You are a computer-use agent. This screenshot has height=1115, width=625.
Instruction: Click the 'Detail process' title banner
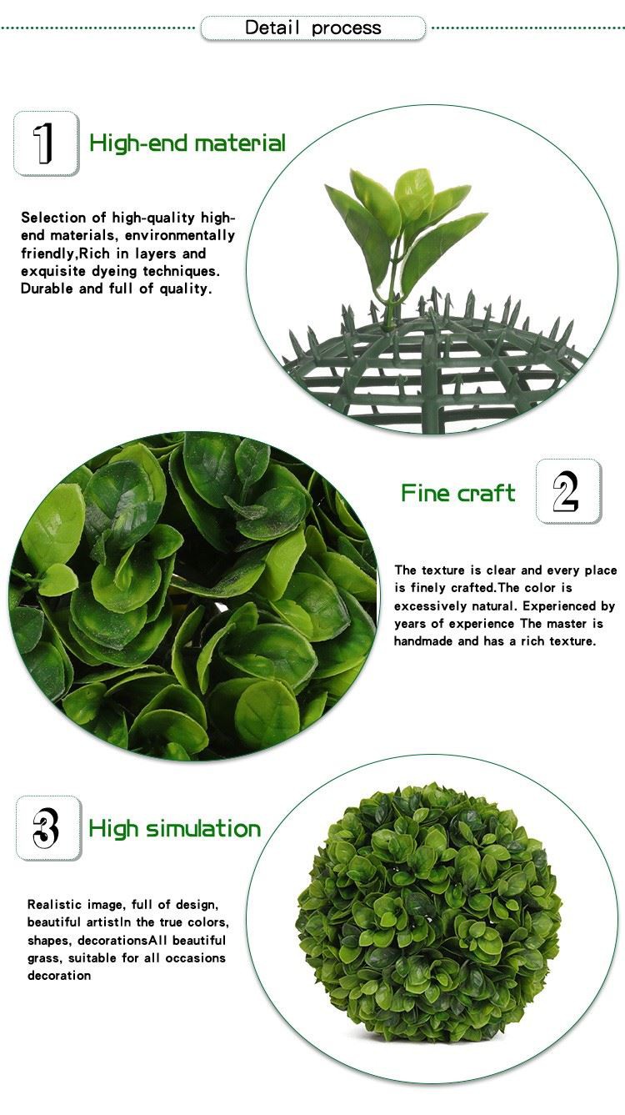tap(312, 28)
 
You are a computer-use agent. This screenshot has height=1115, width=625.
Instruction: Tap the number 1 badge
tap(46, 143)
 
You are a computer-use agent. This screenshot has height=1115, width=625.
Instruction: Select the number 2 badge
tap(568, 491)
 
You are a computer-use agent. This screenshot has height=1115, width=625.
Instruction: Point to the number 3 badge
tap(48, 828)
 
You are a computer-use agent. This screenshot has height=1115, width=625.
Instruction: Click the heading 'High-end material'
tap(187, 143)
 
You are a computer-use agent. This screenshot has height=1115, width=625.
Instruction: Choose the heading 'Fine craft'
tap(458, 493)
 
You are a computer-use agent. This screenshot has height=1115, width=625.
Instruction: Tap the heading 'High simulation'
tap(174, 829)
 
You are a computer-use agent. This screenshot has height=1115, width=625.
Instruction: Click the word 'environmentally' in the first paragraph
tap(180, 235)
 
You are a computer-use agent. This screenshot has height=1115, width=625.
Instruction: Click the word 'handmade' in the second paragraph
tap(423, 641)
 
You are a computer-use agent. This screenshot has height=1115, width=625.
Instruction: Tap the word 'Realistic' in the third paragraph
tap(54, 905)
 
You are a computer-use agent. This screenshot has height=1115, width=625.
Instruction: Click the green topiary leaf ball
tap(428, 912)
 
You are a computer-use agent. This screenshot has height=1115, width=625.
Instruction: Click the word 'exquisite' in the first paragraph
tap(53, 271)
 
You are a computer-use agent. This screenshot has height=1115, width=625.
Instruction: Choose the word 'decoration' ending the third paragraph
tap(59, 976)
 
